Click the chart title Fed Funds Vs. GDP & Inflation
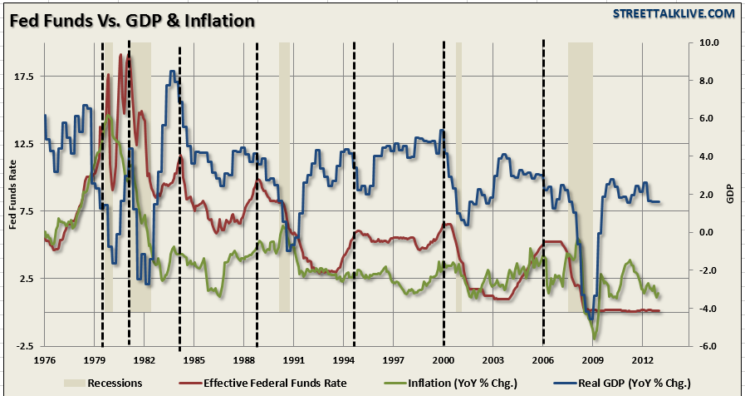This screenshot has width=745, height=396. [132, 19]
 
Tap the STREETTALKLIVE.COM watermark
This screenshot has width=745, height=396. [674, 13]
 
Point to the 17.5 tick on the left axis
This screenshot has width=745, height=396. [23, 77]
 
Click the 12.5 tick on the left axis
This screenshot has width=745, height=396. [23, 144]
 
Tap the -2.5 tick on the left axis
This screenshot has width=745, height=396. [23, 346]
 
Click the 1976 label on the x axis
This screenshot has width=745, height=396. [45, 362]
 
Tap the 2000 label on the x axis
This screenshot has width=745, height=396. [443, 362]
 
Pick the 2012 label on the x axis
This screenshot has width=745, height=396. [641, 362]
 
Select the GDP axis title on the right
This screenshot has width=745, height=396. [731, 194]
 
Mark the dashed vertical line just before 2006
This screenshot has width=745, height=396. [543, 191]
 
